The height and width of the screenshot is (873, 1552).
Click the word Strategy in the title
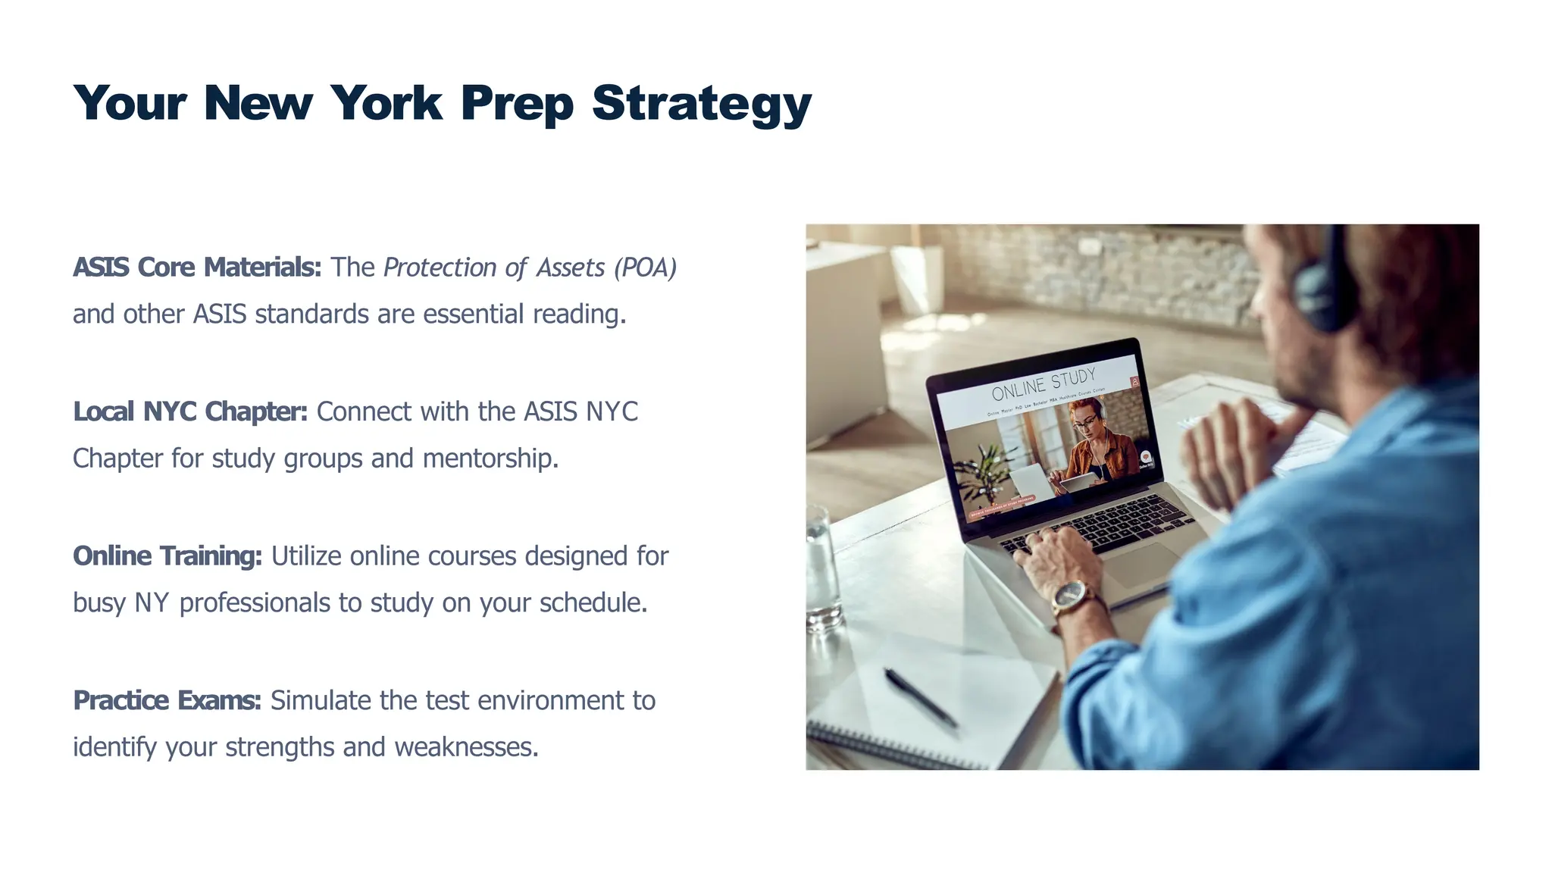[702, 104]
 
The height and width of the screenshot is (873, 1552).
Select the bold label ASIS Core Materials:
[197, 268]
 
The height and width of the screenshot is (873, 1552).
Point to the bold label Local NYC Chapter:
[190, 411]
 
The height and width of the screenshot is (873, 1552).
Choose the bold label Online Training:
[167, 556]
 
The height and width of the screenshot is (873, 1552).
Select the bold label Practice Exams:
[167, 701]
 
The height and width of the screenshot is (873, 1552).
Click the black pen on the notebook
[920, 696]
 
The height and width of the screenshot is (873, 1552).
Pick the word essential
[473, 314]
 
